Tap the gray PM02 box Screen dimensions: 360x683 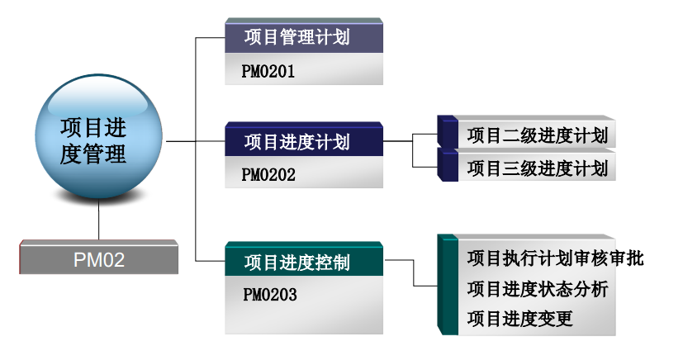pyautogui.click(x=98, y=259)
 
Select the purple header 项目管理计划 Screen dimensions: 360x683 pyautogui.click(x=304, y=37)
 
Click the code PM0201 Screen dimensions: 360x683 pyautogui.click(x=269, y=72)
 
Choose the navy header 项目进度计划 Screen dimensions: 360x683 pyautogui.click(x=304, y=141)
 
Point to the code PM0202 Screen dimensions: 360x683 pyautogui.click(x=269, y=174)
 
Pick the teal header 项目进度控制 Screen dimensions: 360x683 pyautogui.click(x=304, y=263)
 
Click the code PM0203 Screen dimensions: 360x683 pyautogui.click(x=269, y=294)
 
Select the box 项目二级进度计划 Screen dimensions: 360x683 pyautogui.click(x=537, y=135)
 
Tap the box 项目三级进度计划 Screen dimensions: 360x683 pyautogui.click(x=537, y=168)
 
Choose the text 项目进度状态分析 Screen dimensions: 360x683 pyautogui.click(x=537, y=288)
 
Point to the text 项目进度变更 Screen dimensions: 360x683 pyautogui.click(x=519, y=318)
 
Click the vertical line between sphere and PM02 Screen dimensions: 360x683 pyautogui.click(x=98, y=220)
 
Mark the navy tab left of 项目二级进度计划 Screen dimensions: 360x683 pyautogui.click(x=448, y=132)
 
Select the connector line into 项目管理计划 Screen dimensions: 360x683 pyautogui.click(x=210, y=37)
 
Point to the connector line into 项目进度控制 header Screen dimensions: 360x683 pyautogui.click(x=210, y=262)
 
